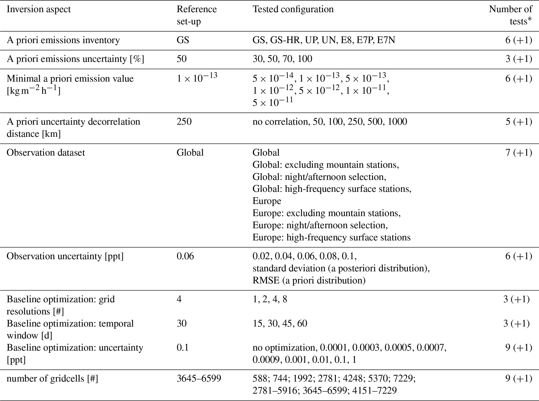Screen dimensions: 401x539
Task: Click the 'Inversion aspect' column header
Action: point(39,9)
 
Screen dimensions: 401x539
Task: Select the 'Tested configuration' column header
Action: point(293,9)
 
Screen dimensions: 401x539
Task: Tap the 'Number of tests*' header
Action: point(510,15)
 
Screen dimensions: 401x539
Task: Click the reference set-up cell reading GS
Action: point(183,40)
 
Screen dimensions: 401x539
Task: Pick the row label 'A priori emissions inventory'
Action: point(63,40)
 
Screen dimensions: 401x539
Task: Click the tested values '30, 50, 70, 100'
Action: point(282,59)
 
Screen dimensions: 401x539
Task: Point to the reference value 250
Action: point(184,122)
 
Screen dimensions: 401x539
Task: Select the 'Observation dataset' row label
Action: point(46,153)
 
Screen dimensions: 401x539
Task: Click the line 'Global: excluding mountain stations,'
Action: point(325,165)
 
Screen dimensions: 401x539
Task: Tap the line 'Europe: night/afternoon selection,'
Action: point(320,225)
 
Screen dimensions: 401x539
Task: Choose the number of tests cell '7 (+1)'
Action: point(518,153)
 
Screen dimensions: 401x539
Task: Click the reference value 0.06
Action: point(185,256)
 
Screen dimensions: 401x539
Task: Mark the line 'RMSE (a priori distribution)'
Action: point(309,280)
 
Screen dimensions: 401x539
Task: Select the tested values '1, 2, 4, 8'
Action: point(270,299)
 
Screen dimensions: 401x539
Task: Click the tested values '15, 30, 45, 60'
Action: point(280,324)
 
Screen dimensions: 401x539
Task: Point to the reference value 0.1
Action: point(182,348)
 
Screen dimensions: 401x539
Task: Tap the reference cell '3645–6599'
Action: point(199,378)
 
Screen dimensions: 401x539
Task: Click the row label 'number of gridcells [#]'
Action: point(52,378)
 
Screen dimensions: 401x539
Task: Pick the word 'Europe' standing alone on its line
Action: point(267,201)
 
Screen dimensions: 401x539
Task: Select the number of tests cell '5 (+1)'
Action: point(518,122)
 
